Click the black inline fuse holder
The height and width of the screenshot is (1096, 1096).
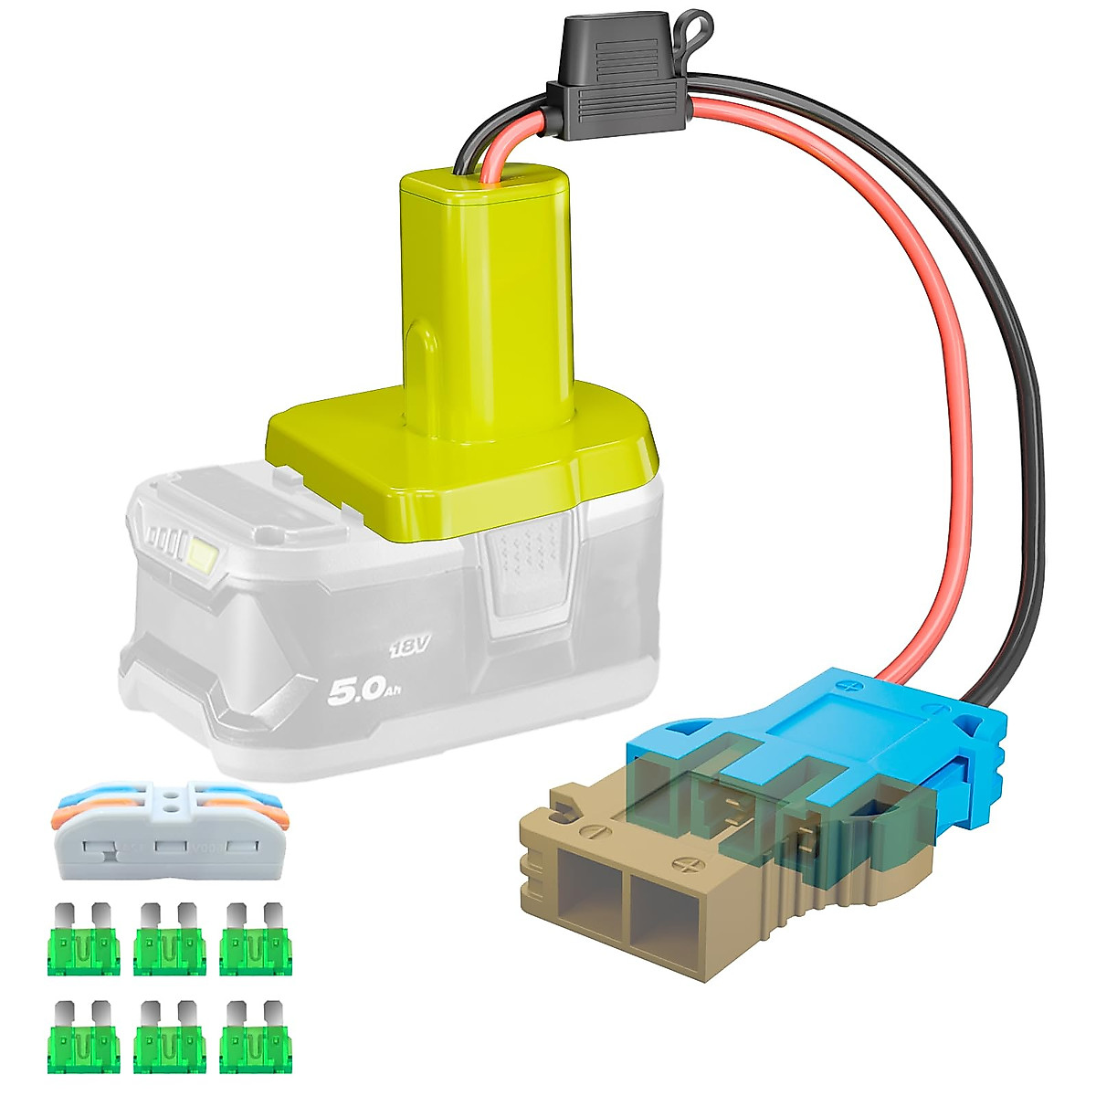[617, 79]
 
